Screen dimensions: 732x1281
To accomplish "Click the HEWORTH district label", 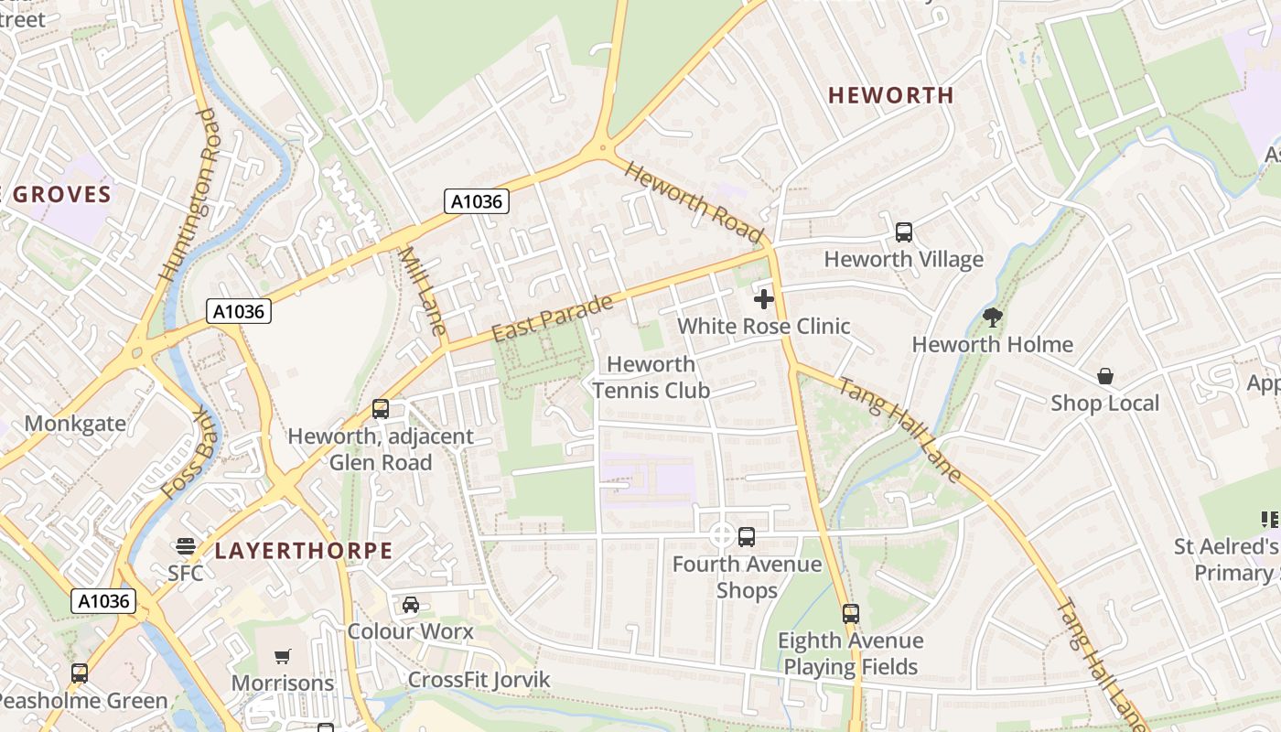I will click(x=890, y=95).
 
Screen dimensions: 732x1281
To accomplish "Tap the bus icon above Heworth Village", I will click(x=904, y=232).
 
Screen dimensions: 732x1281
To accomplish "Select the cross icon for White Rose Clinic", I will click(x=764, y=299).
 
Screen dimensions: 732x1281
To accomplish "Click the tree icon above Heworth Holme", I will click(x=993, y=318).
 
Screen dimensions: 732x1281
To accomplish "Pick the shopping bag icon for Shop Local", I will click(x=1105, y=376).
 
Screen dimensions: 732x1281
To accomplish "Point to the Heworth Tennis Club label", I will click(x=651, y=377).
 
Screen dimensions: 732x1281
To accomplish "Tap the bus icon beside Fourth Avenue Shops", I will click(x=747, y=537).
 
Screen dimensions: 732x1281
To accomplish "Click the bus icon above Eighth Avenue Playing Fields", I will click(x=851, y=614).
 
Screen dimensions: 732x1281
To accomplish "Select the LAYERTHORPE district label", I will click(x=304, y=551).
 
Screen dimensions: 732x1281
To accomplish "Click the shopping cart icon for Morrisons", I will click(x=283, y=656).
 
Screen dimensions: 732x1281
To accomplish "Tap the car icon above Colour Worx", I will click(x=411, y=605).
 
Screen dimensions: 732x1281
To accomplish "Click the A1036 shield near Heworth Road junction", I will click(x=477, y=201).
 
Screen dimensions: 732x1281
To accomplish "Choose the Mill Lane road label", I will click(x=423, y=291).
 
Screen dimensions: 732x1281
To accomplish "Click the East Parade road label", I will click(x=551, y=319).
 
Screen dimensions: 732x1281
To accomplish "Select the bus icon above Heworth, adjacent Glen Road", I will click(x=381, y=409).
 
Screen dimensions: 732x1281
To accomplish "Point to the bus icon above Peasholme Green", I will click(x=80, y=673).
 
